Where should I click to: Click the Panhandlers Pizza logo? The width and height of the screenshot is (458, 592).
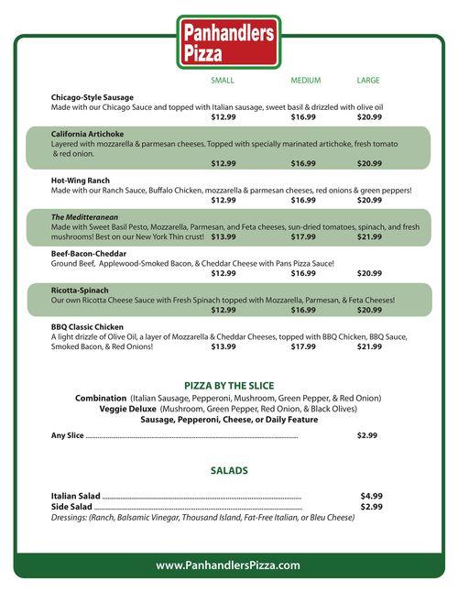click(x=228, y=42)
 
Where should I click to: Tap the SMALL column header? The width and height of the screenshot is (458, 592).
click(x=223, y=81)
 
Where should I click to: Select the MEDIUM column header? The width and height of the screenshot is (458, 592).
click(x=305, y=81)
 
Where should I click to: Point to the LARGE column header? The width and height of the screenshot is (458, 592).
click(x=368, y=81)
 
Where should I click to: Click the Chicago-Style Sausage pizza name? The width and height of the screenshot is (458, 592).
click(x=93, y=97)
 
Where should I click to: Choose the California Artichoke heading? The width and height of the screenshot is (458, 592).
click(x=90, y=133)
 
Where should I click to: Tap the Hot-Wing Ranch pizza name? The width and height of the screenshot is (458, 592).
click(x=81, y=181)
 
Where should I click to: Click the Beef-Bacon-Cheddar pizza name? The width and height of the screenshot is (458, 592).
click(x=88, y=253)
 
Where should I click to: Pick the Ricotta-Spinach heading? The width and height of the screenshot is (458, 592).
click(x=80, y=290)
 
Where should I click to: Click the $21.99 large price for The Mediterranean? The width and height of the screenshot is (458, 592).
click(x=369, y=236)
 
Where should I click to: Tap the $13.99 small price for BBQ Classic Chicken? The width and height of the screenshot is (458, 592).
click(x=224, y=347)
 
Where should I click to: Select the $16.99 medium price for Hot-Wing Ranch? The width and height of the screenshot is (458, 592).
click(x=303, y=200)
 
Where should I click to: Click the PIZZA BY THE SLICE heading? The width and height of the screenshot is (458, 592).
click(x=229, y=386)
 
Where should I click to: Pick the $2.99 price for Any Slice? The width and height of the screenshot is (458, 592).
click(x=367, y=435)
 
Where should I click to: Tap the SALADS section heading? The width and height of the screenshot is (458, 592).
click(x=229, y=470)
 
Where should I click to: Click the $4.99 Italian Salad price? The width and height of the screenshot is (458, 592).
click(x=371, y=496)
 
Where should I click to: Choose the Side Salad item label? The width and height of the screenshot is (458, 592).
click(x=71, y=507)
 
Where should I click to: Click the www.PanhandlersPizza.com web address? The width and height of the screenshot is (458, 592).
click(x=228, y=565)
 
